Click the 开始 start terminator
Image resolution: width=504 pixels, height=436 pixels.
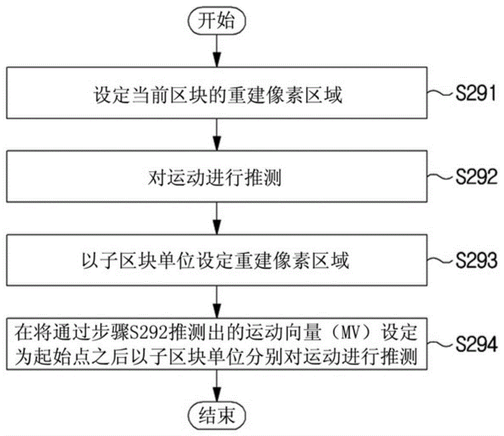216,21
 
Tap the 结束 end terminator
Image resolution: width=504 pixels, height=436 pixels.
217,416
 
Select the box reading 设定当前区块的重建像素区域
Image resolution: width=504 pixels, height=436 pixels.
217,93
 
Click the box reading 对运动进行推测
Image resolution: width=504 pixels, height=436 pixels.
217,176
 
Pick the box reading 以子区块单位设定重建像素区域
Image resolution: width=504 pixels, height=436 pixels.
217,260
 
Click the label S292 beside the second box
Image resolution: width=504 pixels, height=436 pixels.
476,177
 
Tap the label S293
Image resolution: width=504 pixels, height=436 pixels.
476,261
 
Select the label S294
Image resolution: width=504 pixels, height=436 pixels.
476,344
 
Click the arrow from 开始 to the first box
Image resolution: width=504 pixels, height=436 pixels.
217,50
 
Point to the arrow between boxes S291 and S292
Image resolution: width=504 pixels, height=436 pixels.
217,135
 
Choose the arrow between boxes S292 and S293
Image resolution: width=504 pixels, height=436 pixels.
217,218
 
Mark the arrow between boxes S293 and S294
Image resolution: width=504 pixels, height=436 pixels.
217,302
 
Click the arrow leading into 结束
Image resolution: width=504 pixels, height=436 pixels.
217,387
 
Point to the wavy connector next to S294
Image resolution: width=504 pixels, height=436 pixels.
442,344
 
